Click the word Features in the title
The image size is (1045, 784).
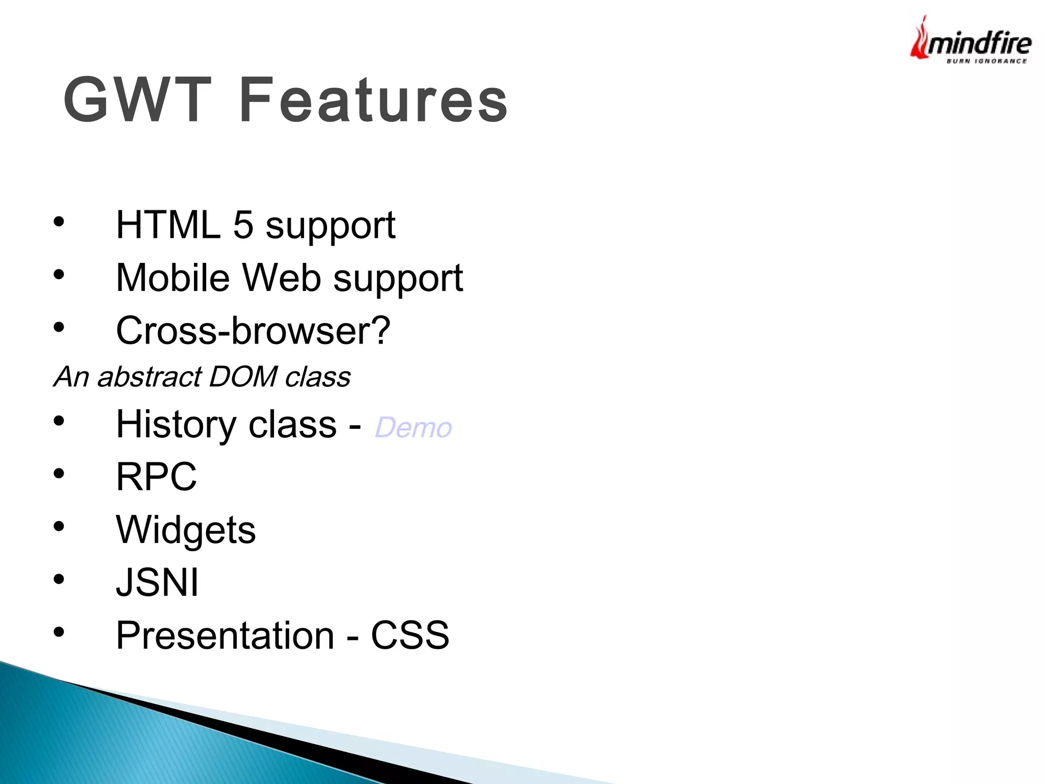pyautogui.click(x=373, y=100)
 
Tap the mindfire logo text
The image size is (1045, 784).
pyautogui.click(x=979, y=43)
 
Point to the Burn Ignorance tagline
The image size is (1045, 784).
pyautogui.click(x=986, y=61)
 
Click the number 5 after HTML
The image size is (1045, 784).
pyautogui.click(x=243, y=225)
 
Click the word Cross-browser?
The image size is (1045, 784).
pyautogui.click(x=253, y=330)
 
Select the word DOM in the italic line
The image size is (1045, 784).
pyautogui.click(x=243, y=377)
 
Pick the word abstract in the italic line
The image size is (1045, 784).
pyautogui.click(x=149, y=377)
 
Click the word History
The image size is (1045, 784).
pyautogui.click(x=175, y=424)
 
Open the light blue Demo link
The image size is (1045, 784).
pyautogui.click(x=413, y=428)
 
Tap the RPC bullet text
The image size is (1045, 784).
pyautogui.click(x=156, y=477)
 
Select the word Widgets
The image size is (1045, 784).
pyautogui.click(x=186, y=530)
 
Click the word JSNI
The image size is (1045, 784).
pyautogui.click(x=157, y=582)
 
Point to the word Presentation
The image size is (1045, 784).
pyautogui.click(x=225, y=635)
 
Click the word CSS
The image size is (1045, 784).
pyautogui.click(x=410, y=635)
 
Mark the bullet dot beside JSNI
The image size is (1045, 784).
pyautogui.click(x=59, y=579)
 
